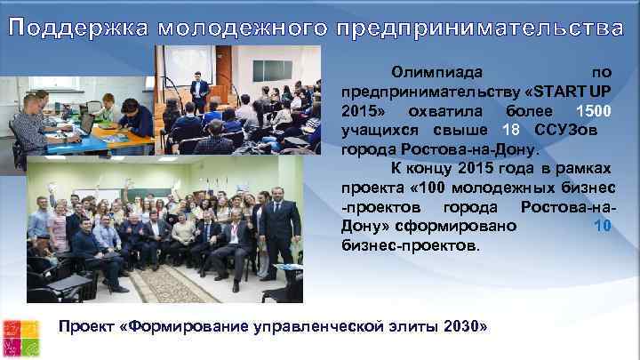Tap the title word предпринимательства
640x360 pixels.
[x=481, y=28]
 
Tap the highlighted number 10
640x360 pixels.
[x=602, y=226]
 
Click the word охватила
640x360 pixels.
[x=447, y=113]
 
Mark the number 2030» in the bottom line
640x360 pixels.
[x=464, y=326]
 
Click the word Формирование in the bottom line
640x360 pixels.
[x=186, y=326]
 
